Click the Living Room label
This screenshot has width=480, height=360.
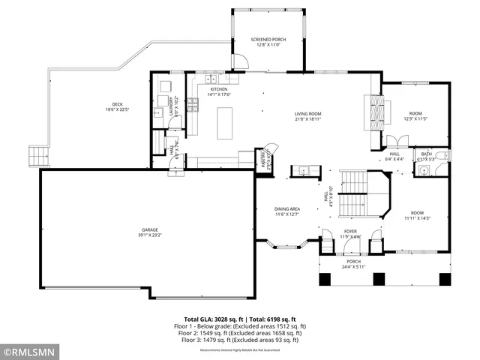tap(307, 115)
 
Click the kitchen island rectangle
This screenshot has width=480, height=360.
tap(225, 123)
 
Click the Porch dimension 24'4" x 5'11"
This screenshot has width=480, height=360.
tap(353, 267)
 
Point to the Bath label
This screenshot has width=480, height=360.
tap(426, 156)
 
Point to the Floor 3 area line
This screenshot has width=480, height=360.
tap(240, 340)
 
